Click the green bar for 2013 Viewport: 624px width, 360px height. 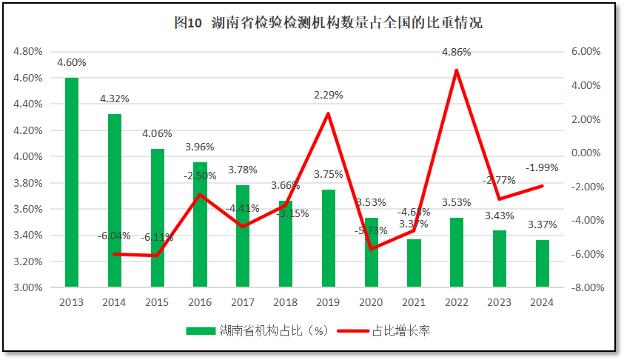pos(72,181)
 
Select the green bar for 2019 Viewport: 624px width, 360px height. pos(329,237)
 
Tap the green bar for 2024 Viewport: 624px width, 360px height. pos(543,262)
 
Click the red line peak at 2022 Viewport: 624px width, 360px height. pos(457,70)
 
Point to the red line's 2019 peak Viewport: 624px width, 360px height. pos(329,113)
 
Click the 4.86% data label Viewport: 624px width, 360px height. pos(456,53)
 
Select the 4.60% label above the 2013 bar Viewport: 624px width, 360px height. pos(72,62)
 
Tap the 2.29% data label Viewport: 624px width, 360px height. pos(329,96)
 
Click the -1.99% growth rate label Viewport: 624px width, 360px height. pos(543,167)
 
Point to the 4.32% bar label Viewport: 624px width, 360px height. pos(115,99)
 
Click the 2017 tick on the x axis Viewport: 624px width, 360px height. pos(243,302)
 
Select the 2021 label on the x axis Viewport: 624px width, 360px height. pos(414,302)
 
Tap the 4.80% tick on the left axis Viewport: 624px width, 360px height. pos(27,52)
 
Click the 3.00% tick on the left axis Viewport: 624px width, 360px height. pos(27,288)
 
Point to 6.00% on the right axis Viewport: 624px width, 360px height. pos(586,52)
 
